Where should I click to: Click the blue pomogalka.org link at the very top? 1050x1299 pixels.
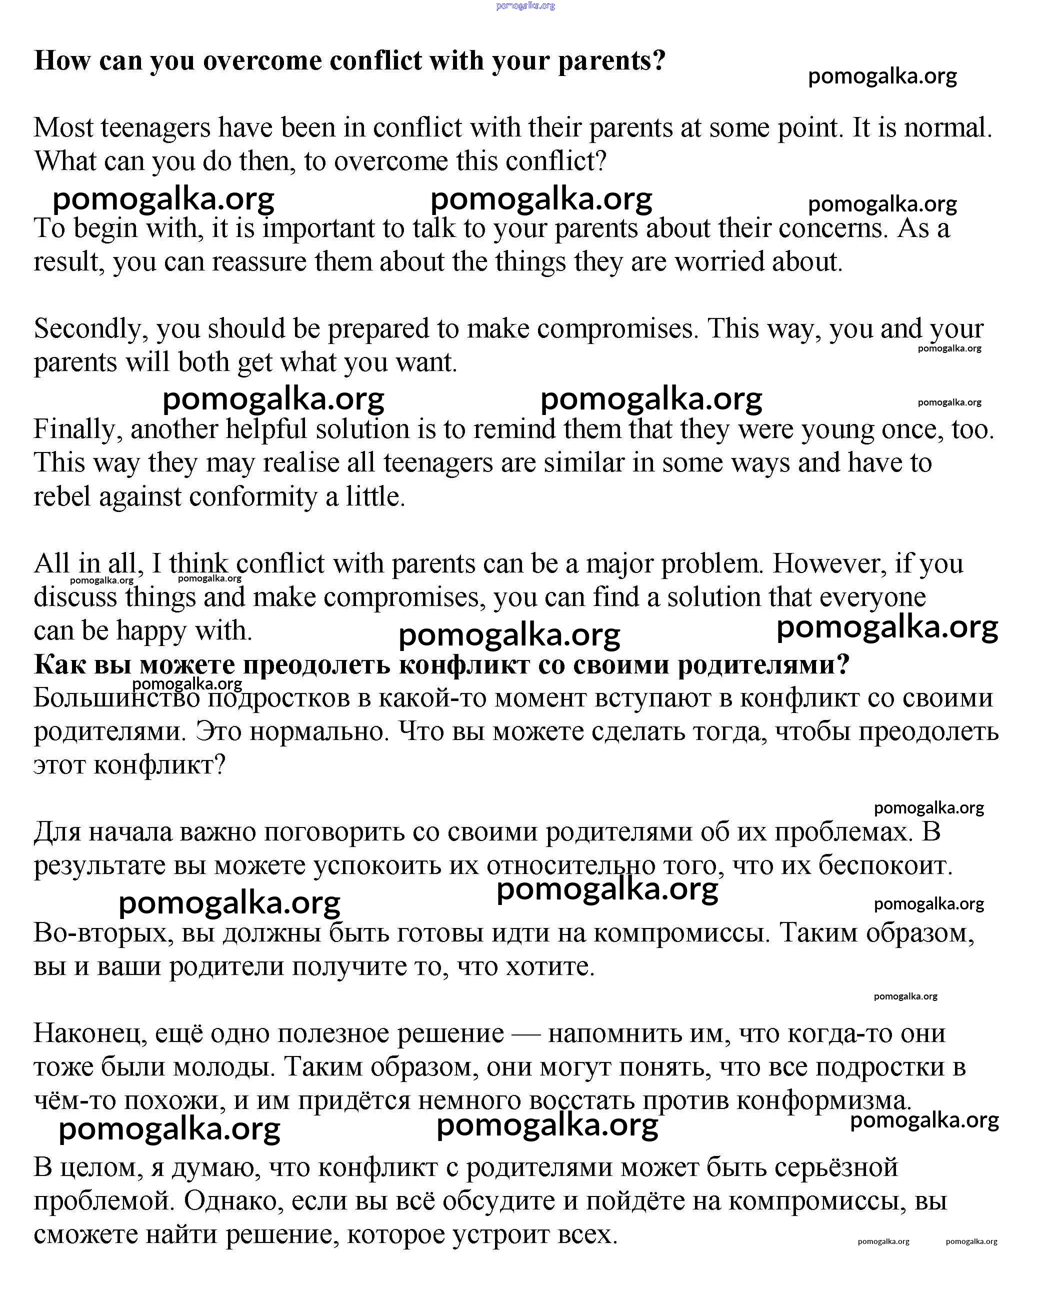(x=525, y=6)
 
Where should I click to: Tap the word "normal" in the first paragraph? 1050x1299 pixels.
(x=946, y=128)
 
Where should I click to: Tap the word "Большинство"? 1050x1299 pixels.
(x=116, y=698)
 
